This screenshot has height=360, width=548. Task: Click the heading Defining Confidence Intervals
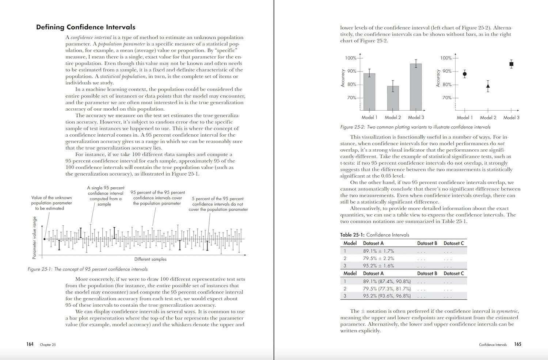[85, 27]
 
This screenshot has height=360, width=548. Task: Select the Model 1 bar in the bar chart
[369, 92]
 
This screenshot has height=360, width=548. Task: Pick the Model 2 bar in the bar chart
[393, 98]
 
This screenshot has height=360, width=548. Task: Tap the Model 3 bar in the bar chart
[416, 87]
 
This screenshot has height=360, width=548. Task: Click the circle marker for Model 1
[465, 74]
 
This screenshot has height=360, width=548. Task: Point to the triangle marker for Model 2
[488, 87]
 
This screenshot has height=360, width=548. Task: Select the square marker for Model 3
[511, 64]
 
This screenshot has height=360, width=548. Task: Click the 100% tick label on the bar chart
[351, 58]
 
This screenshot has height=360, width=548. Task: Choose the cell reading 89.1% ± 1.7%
[378, 251]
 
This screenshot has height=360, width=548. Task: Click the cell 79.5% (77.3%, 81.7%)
[387, 289]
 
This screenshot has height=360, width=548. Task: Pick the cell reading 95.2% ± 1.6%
[378, 266]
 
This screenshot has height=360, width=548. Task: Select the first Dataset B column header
[427, 243]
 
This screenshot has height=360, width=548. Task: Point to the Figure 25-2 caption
[415, 127]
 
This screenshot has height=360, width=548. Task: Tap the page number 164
[30, 344]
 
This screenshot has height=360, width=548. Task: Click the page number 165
[518, 344]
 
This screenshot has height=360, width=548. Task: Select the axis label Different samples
[150, 259]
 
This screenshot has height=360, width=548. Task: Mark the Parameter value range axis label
[35, 238]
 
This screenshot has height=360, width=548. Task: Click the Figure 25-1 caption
[88, 269]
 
